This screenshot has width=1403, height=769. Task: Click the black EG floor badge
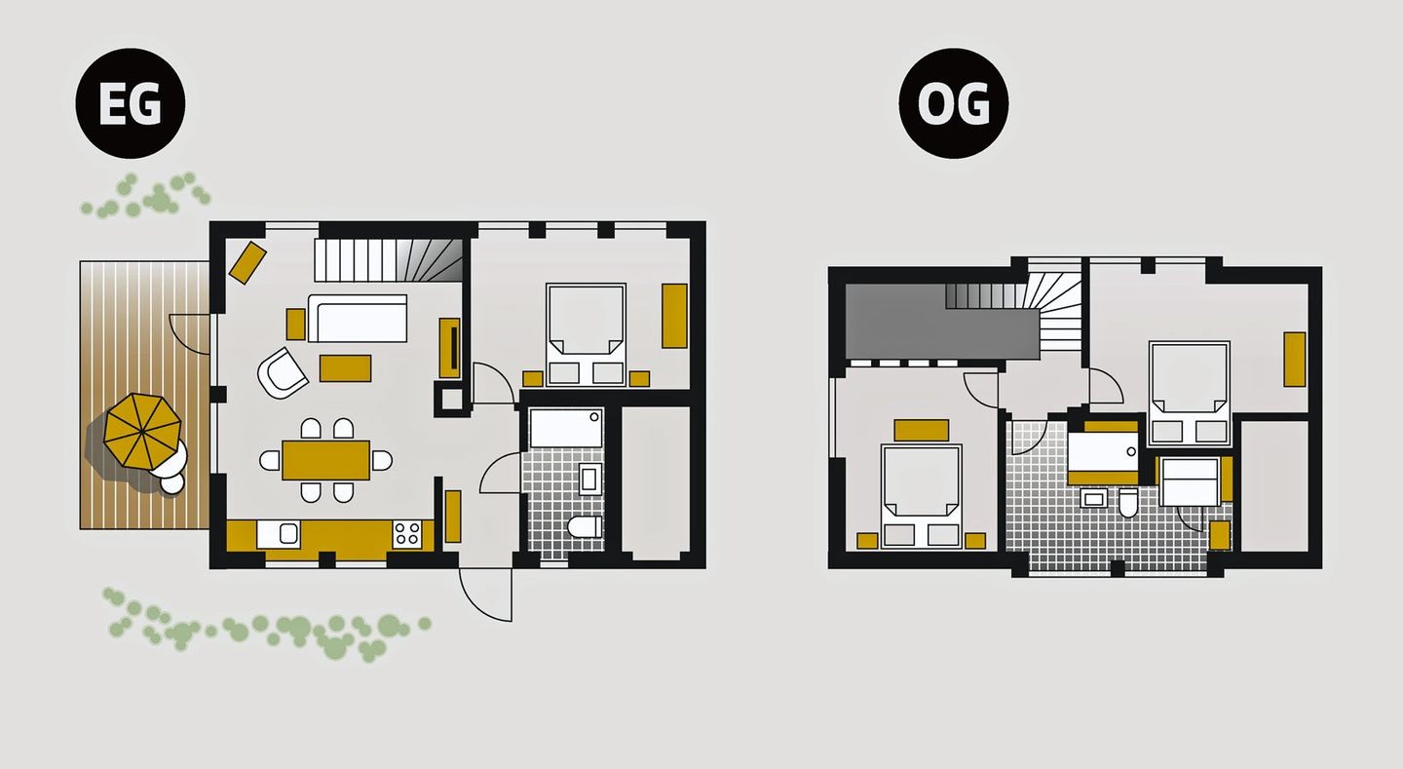131,103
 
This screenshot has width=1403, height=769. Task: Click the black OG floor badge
953,103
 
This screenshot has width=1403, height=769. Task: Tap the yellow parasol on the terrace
142,431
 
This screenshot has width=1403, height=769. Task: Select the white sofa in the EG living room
357,319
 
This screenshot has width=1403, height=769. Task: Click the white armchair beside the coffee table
282,373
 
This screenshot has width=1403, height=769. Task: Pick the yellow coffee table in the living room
345,368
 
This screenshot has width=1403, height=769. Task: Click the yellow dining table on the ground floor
325,460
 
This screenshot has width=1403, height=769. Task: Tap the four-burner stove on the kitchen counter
407,533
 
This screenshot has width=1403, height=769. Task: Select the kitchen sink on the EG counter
279,534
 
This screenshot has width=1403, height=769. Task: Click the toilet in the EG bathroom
585,526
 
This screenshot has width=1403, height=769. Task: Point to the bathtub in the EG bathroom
565,428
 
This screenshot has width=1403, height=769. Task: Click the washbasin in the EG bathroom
590,480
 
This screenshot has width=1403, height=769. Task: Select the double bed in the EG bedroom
586,335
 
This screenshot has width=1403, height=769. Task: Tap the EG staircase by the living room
389,259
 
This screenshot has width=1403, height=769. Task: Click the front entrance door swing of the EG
485,595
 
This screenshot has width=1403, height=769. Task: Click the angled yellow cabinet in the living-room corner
248,262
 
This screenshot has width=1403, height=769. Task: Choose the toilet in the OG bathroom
1128,503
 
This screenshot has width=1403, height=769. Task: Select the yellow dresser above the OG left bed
922,430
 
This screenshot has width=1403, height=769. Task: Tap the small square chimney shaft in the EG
452,400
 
